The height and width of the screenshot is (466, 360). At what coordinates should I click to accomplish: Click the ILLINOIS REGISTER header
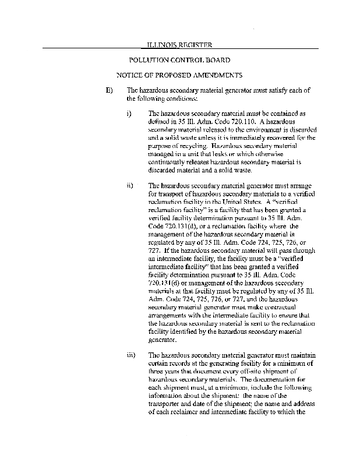(x=178, y=45)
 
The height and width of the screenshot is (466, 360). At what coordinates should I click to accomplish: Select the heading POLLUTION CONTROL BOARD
(x=179, y=60)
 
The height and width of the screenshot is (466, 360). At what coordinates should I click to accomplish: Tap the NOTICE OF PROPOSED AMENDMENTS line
(x=179, y=75)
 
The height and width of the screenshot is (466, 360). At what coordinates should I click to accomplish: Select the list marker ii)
(x=130, y=186)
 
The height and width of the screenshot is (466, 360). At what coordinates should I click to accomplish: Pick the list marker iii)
(x=131, y=354)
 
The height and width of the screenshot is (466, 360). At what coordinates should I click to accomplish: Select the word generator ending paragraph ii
(x=165, y=339)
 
